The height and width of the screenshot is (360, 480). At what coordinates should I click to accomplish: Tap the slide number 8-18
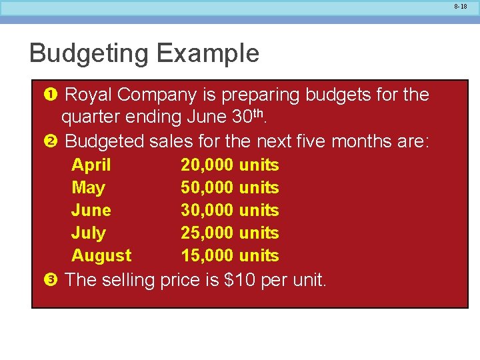pyautogui.click(x=461, y=6)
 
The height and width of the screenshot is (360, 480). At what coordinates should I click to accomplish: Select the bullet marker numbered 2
pyautogui.click(x=51, y=141)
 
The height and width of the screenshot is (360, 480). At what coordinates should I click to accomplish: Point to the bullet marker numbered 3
pyautogui.click(x=51, y=280)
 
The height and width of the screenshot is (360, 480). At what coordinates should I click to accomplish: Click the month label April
pyautogui.click(x=91, y=165)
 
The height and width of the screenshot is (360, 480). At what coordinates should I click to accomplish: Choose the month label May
pyautogui.click(x=88, y=188)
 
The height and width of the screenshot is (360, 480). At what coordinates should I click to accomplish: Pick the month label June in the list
pyautogui.click(x=91, y=210)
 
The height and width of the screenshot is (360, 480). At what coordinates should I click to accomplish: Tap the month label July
pyautogui.click(x=89, y=233)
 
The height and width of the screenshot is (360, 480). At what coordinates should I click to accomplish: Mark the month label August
pyautogui.click(x=101, y=256)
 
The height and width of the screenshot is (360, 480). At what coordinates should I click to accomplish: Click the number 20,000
pyautogui.click(x=207, y=165)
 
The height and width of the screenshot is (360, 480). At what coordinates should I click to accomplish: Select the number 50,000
pyautogui.click(x=207, y=187)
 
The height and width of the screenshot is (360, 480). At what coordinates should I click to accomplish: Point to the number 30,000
pyautogui.click(x=207, y=210)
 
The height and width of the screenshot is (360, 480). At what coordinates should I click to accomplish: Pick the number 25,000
pyautogui.click(x=207, y=233)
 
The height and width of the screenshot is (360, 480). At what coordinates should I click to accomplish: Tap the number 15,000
pyautogui.click(x=207, y=255)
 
